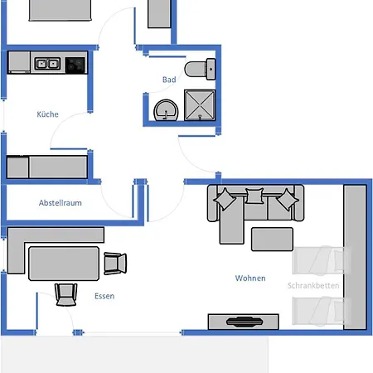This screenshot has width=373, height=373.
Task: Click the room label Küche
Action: click(47, 114)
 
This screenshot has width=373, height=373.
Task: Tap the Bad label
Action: click(169, 80)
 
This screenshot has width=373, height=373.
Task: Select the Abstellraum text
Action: click(61, 203)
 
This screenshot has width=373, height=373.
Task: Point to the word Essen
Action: click(104, 296)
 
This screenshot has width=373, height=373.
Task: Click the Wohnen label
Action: click(250, 278)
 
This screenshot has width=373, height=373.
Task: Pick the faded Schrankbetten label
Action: click(313, 285)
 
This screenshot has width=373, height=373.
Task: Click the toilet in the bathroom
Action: click(200, 69)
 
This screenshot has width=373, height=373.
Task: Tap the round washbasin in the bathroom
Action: click(166, 110)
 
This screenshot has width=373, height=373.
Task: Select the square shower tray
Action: click(200, 105)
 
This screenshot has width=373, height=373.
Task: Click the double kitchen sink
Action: click(47, 64)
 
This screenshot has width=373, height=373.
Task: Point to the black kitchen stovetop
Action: click(75, 65)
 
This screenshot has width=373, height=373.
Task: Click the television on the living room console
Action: click(245, 322)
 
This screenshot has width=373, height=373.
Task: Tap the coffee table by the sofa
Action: click(272, 240)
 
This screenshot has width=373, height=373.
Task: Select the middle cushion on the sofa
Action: click(254, 196)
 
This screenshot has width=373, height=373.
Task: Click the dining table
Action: click(64, 264)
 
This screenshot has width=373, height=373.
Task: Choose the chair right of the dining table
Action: click(115, 264)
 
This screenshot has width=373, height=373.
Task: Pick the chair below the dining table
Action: click(65, 295)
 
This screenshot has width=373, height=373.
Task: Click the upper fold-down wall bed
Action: click(322, 260)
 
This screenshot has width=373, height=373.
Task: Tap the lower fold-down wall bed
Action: click(322, 311)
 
